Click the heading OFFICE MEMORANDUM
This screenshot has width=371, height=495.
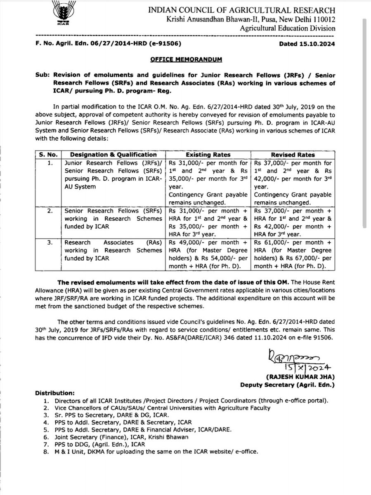click(x=185, y=59)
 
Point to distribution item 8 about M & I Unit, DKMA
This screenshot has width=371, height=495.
click(x=153, y=451)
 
